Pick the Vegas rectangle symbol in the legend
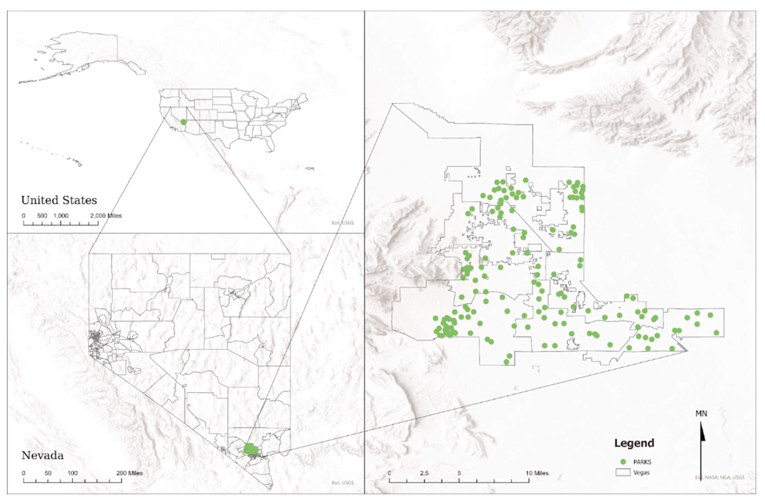click(623, 472)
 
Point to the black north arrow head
click(702, 433)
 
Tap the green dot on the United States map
click(183, 122)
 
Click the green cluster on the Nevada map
click(249, 449)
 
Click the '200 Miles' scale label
click(129, 473)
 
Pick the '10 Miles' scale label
click(537, 473)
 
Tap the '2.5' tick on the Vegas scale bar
click(424, 473)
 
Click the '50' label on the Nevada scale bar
click(48, 473)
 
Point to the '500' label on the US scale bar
click(42, 216)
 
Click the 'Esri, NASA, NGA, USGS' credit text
click(719, 477)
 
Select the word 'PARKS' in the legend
click(642, 462)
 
